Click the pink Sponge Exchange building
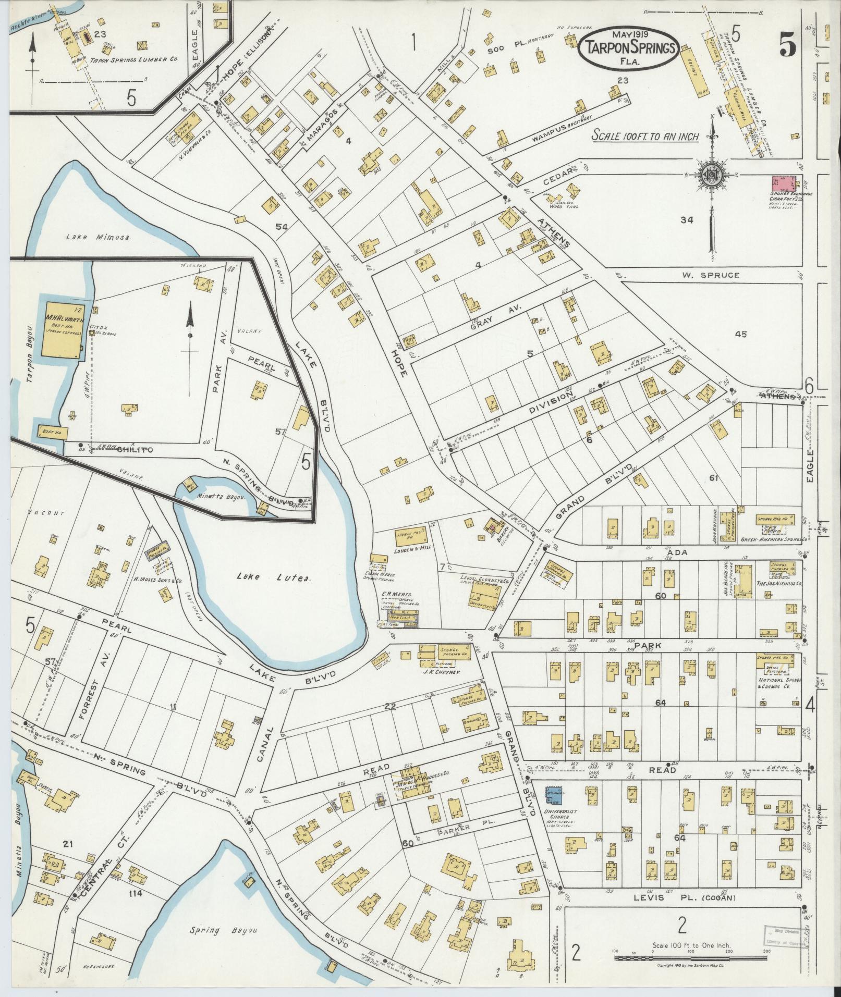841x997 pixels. pos(784,185)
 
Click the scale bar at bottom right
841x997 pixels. pos(691,957)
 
